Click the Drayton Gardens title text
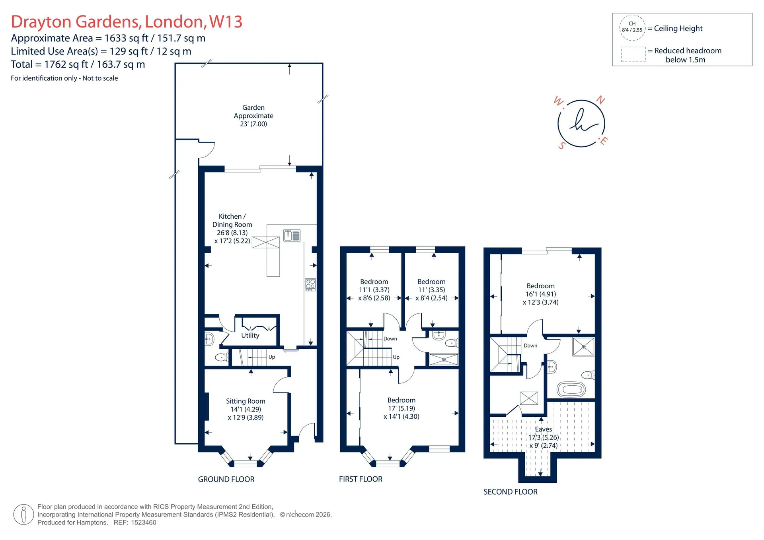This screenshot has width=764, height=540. pos(127,21)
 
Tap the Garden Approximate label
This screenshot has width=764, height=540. pos(253,116)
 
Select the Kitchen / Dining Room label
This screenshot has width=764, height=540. pos(232,229)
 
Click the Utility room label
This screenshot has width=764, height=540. pos(250,335)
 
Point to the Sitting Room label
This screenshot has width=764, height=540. pos(246,409)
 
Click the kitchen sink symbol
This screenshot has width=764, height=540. pos(292,235)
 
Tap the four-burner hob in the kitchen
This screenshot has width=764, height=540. pos(310,284)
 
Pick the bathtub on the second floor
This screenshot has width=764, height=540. pos(571,390)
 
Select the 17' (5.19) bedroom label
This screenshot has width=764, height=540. pos(401,408)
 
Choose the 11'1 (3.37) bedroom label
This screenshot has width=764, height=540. pos(374,290)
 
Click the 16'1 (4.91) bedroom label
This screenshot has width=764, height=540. pos(540,294)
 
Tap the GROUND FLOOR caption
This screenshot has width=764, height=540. pos(226,480)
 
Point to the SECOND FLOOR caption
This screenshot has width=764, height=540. pos(511,492)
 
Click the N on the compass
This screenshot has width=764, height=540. pos(600,100)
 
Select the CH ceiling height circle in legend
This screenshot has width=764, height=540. pos(632,27)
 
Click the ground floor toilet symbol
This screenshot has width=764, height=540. pos(221,357)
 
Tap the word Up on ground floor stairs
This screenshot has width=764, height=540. pos(272,357)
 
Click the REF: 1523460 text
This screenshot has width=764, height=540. pos(135,523)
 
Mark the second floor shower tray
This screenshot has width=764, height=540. pos(583,346)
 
